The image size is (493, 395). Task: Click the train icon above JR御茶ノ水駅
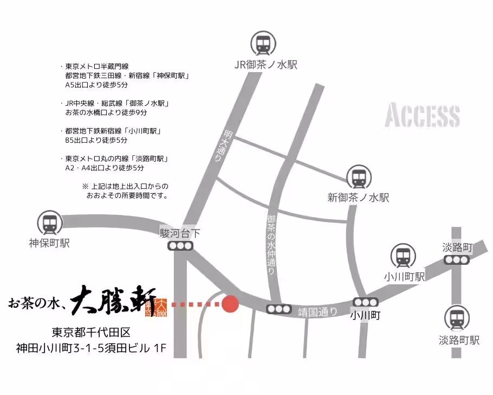pyautogui.click(x=263, y=44)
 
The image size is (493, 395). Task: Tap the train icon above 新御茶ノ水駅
pyautogui.click(x=359, y=177)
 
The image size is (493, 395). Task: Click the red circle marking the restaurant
pyautogui.click(x=231, y=304)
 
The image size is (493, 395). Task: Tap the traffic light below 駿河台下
pyautogui.click(x=180, y=246)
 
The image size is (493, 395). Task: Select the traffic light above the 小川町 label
pyautogui.click(x=365, y=302)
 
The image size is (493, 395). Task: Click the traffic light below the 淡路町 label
pyautogui.click(x=456, y=260)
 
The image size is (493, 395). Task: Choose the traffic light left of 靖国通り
pyautogui.click(x=279, y=309)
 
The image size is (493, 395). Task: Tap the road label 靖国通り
pyautogui.click(x=318, y=311)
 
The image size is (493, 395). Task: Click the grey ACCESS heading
pyautogui.click(x=423, y=116)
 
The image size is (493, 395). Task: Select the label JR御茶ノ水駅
pyautogui.click(x=265, y=65)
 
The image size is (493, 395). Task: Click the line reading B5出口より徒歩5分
pyautogui.click(x=96, y=140)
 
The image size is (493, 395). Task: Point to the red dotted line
pyautogui.click(x=194, y=304)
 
